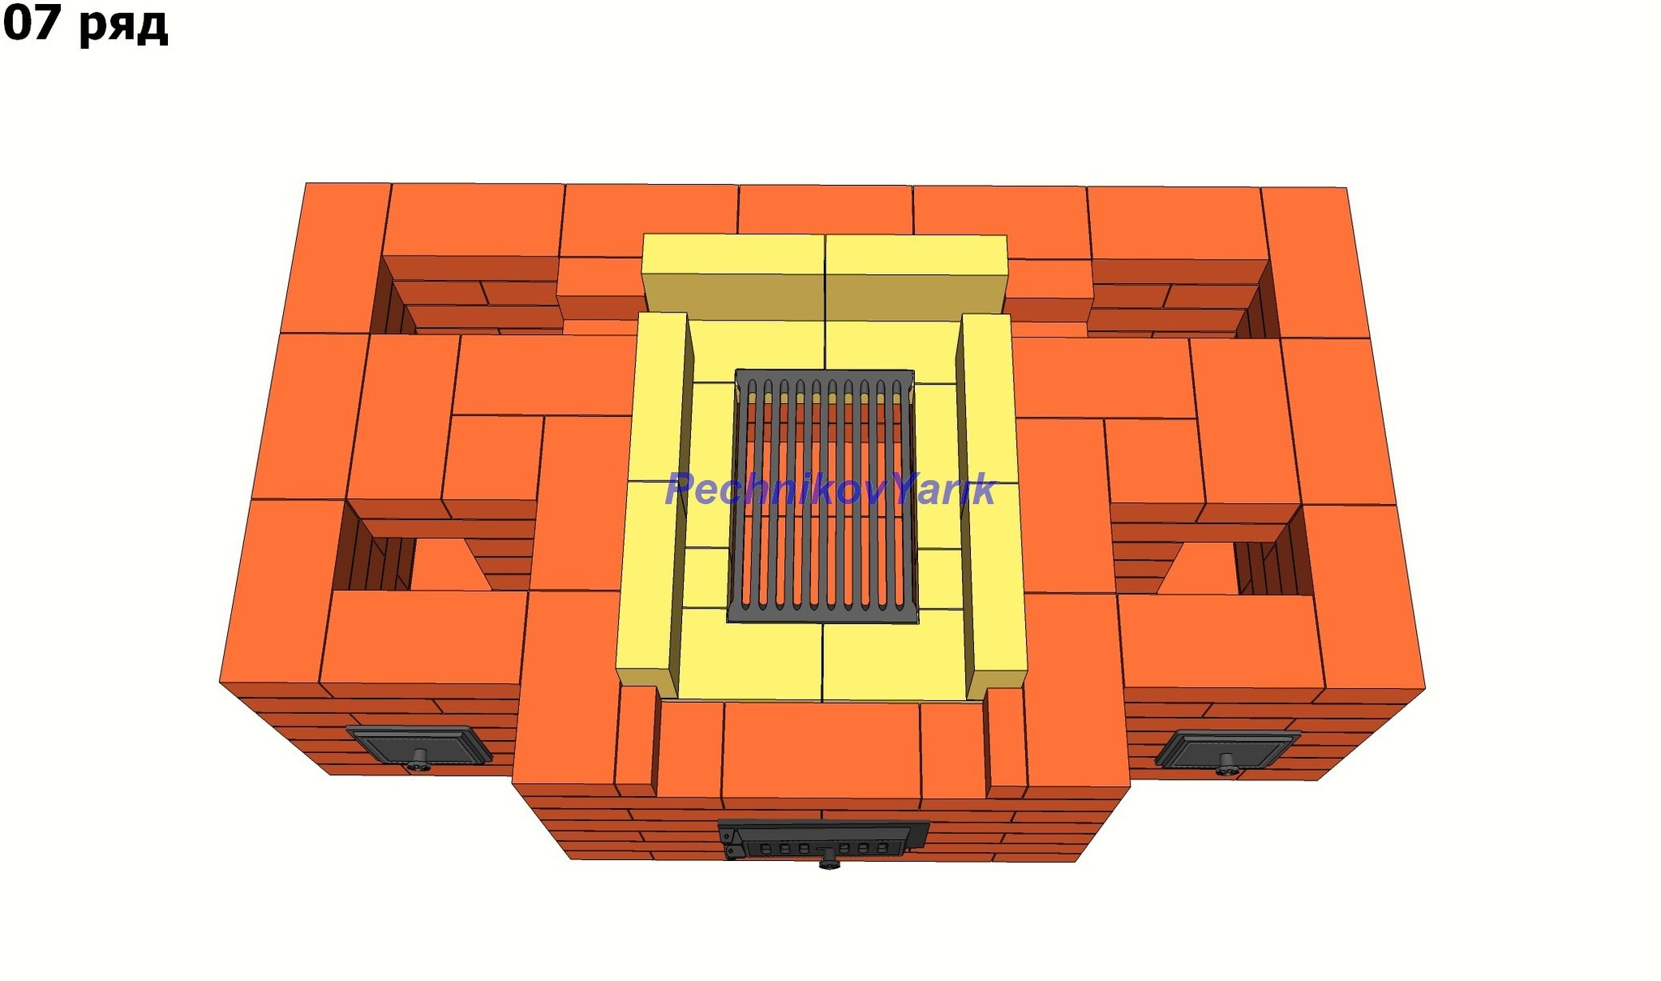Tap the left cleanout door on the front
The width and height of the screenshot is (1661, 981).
[x=418, y=746]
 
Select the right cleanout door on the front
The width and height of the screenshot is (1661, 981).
[x=1227, y=751]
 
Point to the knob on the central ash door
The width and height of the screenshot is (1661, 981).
[x=828, y=860]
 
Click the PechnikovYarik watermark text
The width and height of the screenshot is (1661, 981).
[x=830, y=489]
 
